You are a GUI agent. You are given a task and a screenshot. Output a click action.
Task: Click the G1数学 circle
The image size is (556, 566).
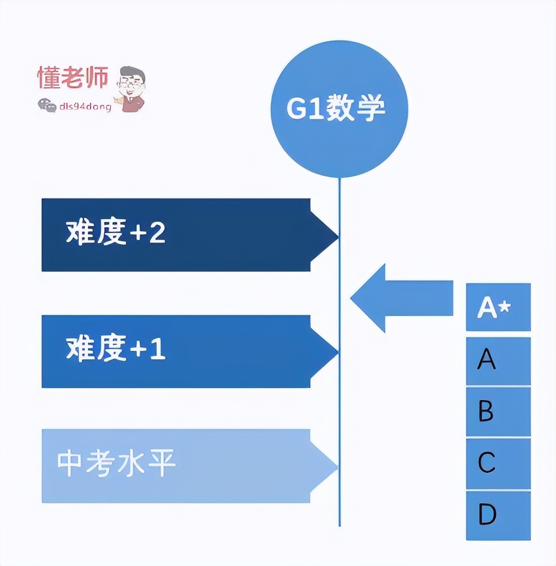click(x=339, y=109)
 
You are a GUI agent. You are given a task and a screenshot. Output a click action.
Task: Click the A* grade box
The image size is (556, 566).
click(x=498, y=307)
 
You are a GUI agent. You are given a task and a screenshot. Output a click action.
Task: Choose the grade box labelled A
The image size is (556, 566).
click(x=498, y=360)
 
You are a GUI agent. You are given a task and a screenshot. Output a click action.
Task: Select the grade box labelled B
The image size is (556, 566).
click(x=498, y=411)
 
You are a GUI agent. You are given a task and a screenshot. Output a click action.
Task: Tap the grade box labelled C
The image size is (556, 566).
click(x=498, y=463)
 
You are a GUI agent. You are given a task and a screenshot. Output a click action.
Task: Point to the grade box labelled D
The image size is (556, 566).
click(x=498, y=515)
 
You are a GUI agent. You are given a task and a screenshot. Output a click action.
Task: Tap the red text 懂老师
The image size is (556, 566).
click(x=73, y=78)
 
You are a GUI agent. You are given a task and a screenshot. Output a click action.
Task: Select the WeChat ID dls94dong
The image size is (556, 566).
click(x=85, y=106)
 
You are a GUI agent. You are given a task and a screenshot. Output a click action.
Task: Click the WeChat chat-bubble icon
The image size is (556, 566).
click(x=47, y=105)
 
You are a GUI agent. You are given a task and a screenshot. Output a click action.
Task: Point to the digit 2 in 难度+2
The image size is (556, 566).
click(x=157, y=232)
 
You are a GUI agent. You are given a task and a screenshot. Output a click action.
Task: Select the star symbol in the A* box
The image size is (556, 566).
click(x=504, y=306)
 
